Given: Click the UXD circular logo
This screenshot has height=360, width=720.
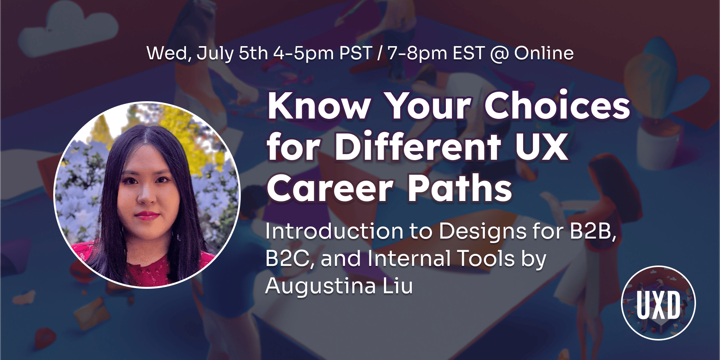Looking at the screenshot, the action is [x=658, y=303].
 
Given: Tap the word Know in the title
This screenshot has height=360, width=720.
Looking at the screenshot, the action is [x=319, y=106].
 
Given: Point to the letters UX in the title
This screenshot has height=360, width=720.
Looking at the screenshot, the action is [x=541, y=147].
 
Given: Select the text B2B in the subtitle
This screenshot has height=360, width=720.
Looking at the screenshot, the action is [x=593, y=231].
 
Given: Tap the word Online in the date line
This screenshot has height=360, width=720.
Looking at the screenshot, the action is [x=544, y=53].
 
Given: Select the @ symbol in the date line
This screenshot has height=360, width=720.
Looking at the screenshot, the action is [x=499, y=54].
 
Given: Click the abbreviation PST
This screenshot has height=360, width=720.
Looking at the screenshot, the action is [x=355, y=53].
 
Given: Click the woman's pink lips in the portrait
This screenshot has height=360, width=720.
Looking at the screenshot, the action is [x=147, y=216].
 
